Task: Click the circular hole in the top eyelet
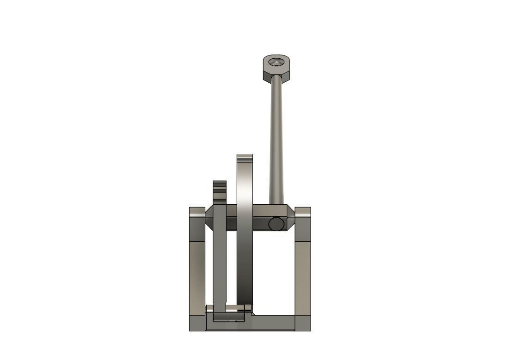click(x=277, y=61)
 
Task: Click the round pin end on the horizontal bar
click(x=276, y=224)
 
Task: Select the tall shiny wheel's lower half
click(x=245, y=273)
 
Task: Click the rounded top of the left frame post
click(x=197, y=213)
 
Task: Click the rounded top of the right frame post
click(x=302, y=213)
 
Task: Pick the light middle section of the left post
click(x=197, y=277)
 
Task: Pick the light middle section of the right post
click(x=302, y=277)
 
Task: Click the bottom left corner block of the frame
click(x=197, y=323)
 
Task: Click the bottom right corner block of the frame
click(x=302, y=323)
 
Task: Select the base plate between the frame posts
click(x=273, y=322)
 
